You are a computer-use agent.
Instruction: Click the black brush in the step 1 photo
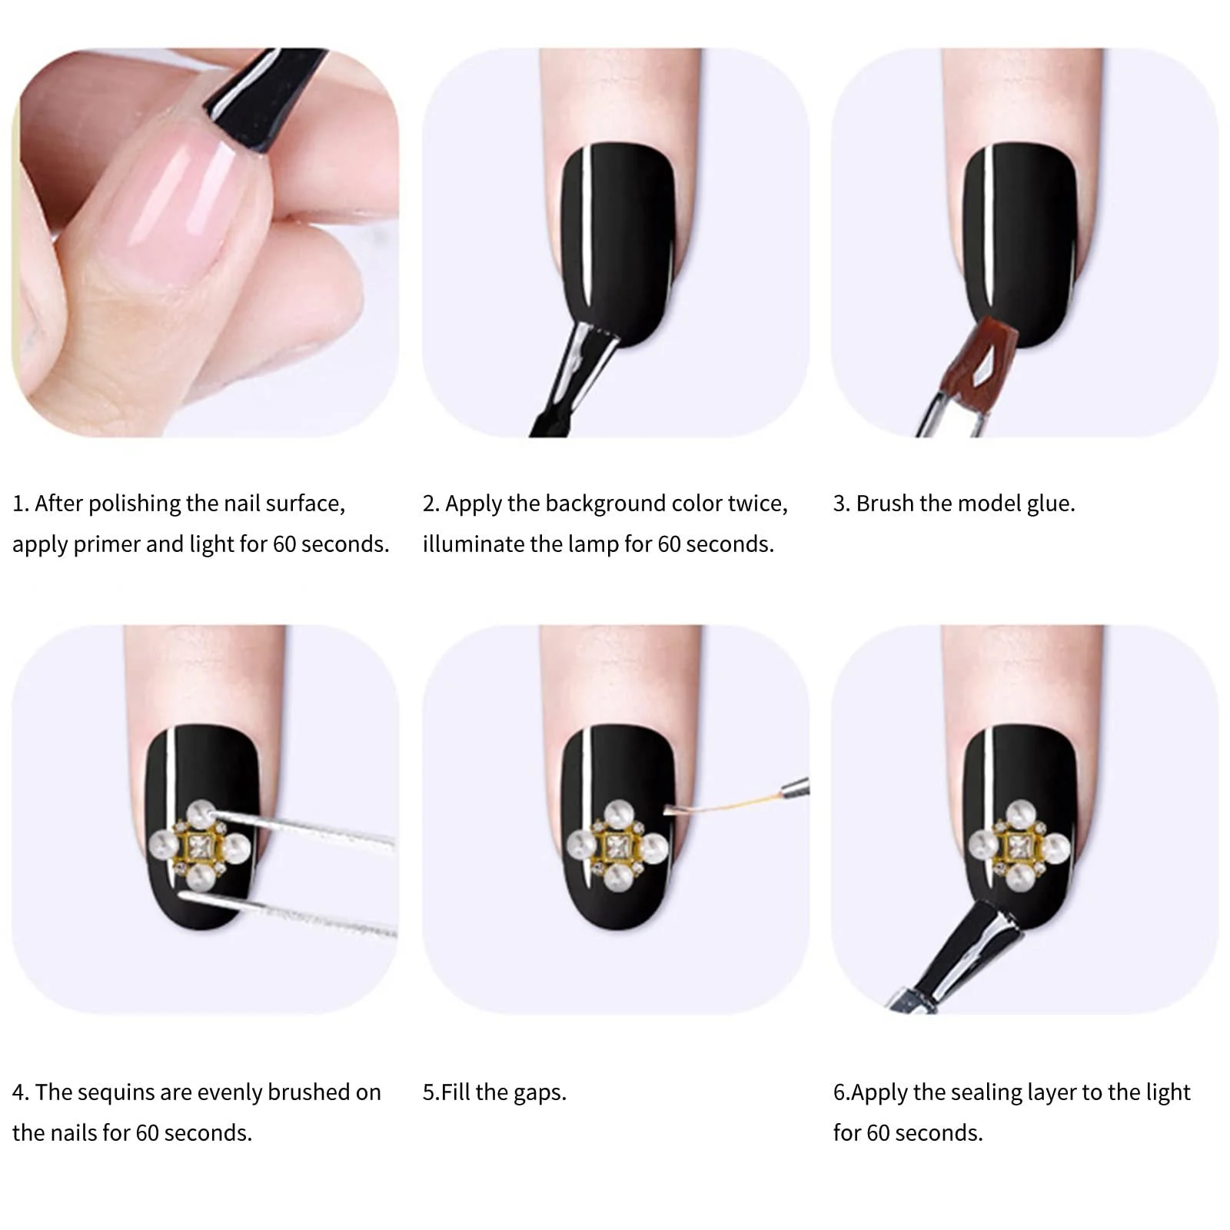pyautogui.click(x=265, y=88)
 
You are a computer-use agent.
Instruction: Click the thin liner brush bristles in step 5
pyautogui.click(x=723, y=803)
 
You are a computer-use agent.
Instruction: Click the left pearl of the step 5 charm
pyautogui.click(x=583, y=846)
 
